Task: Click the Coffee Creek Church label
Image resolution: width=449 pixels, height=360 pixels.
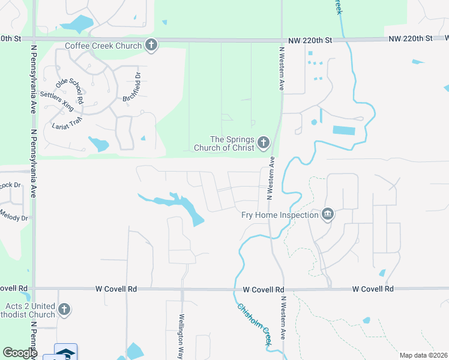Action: click(x=103, y=45)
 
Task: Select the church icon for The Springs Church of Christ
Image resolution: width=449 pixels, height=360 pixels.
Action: click(x=263, y=143)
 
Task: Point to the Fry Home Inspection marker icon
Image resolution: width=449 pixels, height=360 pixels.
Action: click(x=327, y=214)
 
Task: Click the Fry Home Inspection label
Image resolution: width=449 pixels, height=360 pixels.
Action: click(x=280, y=215)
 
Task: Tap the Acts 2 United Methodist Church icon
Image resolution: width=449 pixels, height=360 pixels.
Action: click(x=64, y=310)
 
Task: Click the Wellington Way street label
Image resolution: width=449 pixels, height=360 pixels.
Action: click(x=181, y=335)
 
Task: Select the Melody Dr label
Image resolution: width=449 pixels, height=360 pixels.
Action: click(x=14, y=214)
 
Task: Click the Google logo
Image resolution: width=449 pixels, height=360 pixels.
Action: click(x=20, y=353)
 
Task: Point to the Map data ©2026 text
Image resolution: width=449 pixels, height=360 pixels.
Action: click(x=423, y=355)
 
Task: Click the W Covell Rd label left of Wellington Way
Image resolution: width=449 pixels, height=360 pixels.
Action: click(x=116, y=289)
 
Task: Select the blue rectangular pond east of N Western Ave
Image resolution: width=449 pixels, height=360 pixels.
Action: click(x=343, y=130)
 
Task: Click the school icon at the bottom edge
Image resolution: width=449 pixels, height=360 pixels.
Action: click(x=65, y=353)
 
